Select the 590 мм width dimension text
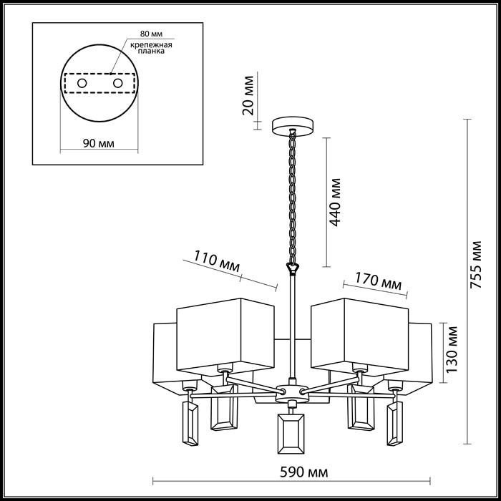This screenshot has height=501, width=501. point(304,472)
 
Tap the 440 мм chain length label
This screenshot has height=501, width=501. point(335,203)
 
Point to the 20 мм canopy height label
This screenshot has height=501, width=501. point(248,95)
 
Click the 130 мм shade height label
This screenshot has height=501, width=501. point(452,349)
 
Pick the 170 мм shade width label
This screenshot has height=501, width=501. point(379,281)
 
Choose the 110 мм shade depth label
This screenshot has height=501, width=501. point(217,261)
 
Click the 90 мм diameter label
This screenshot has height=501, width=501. point(99,143)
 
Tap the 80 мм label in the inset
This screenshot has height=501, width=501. point(151,34)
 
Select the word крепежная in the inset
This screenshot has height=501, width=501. point(151,44)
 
